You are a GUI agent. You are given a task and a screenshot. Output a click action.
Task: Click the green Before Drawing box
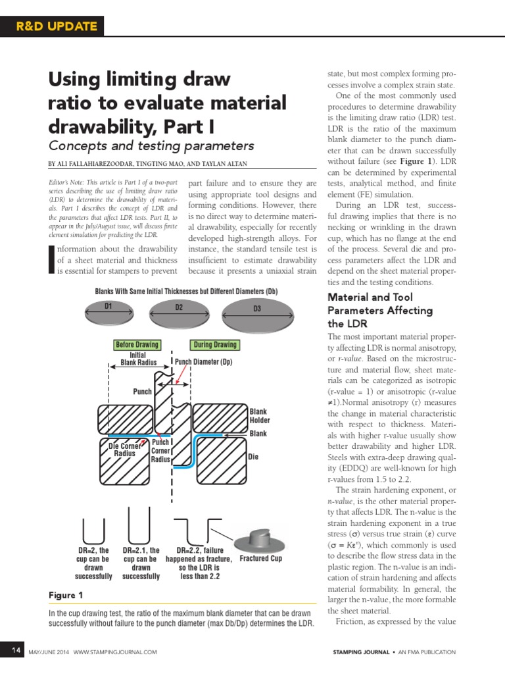click(137, 344)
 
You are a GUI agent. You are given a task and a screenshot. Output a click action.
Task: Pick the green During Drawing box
click(214, 344)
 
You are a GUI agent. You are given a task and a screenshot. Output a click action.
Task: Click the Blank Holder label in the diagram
click(260, 415)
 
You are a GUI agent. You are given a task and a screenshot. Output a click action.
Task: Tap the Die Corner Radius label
click(124, 450)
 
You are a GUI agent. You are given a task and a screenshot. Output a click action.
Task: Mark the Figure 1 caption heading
click(66, 595)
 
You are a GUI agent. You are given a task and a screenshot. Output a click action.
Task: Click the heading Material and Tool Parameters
click(380, 310)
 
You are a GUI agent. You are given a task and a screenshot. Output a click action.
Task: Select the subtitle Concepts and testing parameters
click(151, 145)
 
